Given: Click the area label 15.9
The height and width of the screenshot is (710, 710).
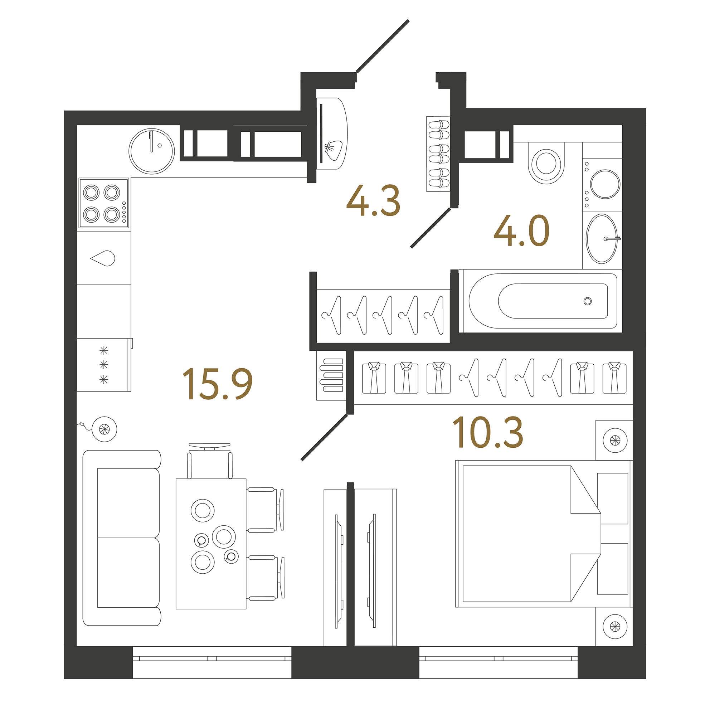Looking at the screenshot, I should (x=218, y=384).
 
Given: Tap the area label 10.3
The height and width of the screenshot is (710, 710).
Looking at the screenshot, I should (x=488, y=433).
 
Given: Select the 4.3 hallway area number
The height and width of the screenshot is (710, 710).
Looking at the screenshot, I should (x=373, y=201).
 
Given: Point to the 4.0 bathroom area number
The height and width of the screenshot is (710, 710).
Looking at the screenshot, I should (x=521, y=232).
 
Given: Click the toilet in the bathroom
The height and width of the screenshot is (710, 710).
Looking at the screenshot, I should (x=546, y=164).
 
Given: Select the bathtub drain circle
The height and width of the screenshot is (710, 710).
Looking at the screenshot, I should (x=587, y=301).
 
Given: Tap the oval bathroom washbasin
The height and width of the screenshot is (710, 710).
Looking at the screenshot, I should (x=602, y=239).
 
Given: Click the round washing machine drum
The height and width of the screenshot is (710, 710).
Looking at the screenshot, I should (x=605, y=184).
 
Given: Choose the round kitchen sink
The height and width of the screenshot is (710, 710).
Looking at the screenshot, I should (x=151, y=151).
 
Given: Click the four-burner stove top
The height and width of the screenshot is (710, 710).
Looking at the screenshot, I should (x=104, y=203).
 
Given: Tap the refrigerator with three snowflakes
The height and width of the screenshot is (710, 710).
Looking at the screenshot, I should (x=104, y=365).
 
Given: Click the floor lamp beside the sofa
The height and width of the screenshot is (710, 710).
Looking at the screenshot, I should (x=104, y=429).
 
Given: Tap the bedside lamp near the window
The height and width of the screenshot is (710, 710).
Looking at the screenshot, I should (x=615, y=626).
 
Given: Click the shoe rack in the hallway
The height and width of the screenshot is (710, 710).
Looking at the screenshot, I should (x=438, y=154).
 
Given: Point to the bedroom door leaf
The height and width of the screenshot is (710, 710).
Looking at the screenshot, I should (x=324, y=438).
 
